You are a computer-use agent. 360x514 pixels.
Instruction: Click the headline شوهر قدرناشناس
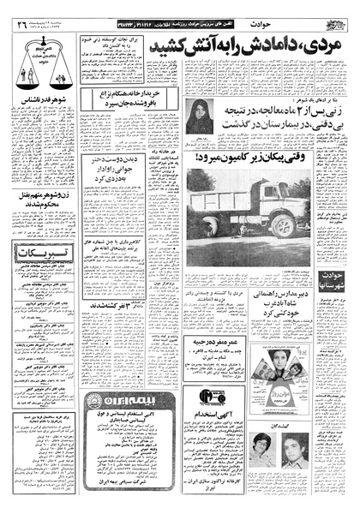coord(43,124)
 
